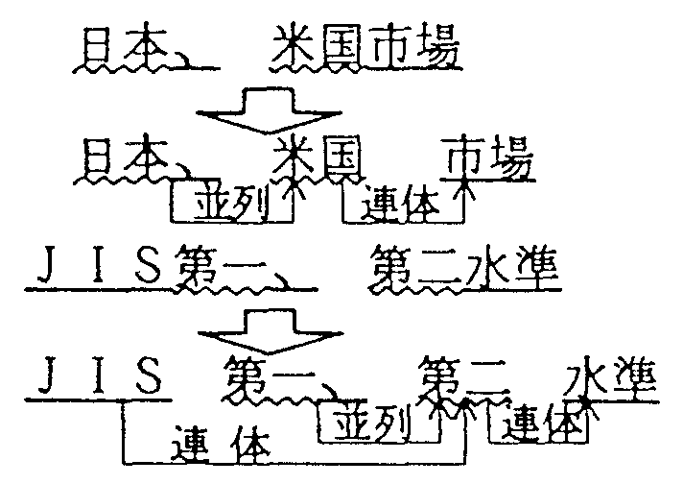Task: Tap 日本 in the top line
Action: [x=122, y=48]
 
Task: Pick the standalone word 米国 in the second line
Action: [x=311, y=158]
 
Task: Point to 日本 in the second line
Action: [x=122, y=158]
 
